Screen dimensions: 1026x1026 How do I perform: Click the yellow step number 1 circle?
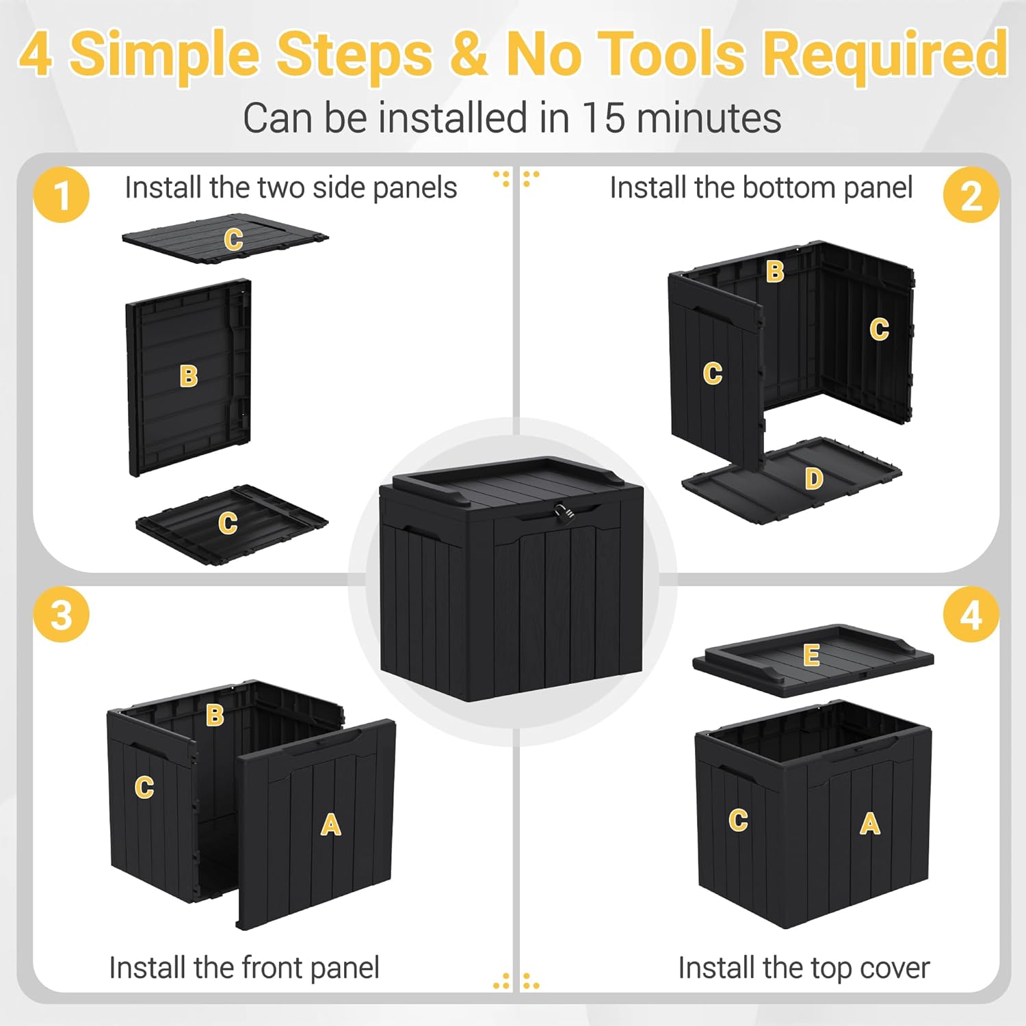click(x=62, y=195)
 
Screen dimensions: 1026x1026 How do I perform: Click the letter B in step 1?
click(x=188, y=376)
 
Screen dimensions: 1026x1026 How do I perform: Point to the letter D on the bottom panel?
click(x=813, y=479)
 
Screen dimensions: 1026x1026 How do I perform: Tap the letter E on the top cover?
click(x=811, y=655)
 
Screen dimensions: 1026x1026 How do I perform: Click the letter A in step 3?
click(x=331, y=825)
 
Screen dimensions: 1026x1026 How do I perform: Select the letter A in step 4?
click(x=869, y=824)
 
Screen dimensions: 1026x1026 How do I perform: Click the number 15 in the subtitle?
click(x=603, y=118)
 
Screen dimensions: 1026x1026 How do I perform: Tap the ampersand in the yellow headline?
click(x=469, y=55)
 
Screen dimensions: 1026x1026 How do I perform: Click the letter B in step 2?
click(x=774, y=272)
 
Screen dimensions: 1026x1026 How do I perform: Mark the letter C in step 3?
click(x=144, y=787)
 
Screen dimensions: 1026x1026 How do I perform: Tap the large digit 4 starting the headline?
click(x=36, y=55)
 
